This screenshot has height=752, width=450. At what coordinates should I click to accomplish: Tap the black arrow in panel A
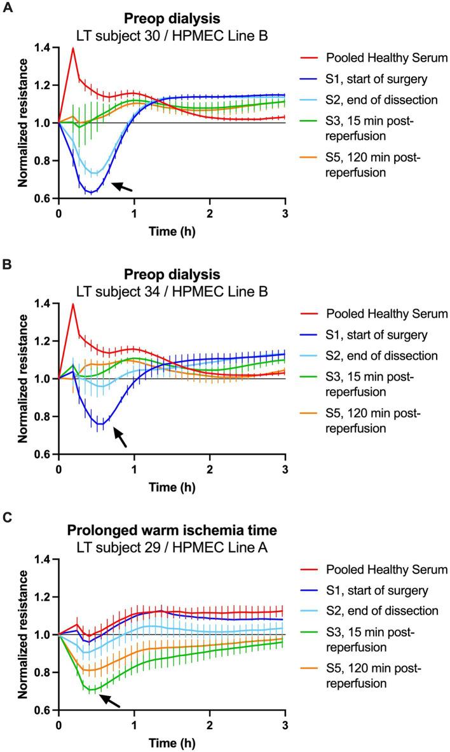123,186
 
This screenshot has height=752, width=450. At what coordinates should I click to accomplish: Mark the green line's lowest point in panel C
93,690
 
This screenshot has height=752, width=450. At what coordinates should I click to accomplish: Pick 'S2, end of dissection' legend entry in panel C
374,611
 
